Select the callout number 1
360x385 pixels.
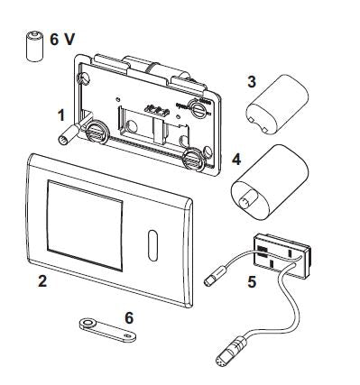click(61, 115)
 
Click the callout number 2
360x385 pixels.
click(42, 280)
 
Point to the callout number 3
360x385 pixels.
click(252, 81)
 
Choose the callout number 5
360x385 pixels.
click(252, 282)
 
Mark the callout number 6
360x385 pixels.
click(129, 317)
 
